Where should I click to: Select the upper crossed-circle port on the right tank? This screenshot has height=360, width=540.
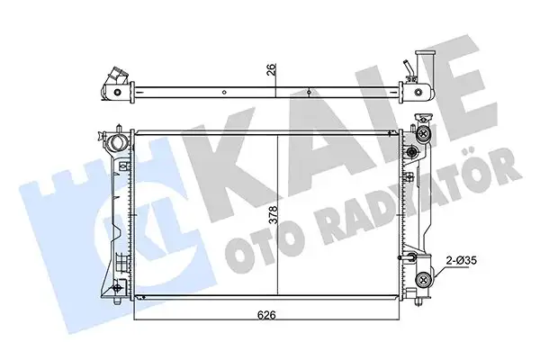(x=421, y=135)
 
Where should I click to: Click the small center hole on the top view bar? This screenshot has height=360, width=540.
(x=309, y=91)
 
